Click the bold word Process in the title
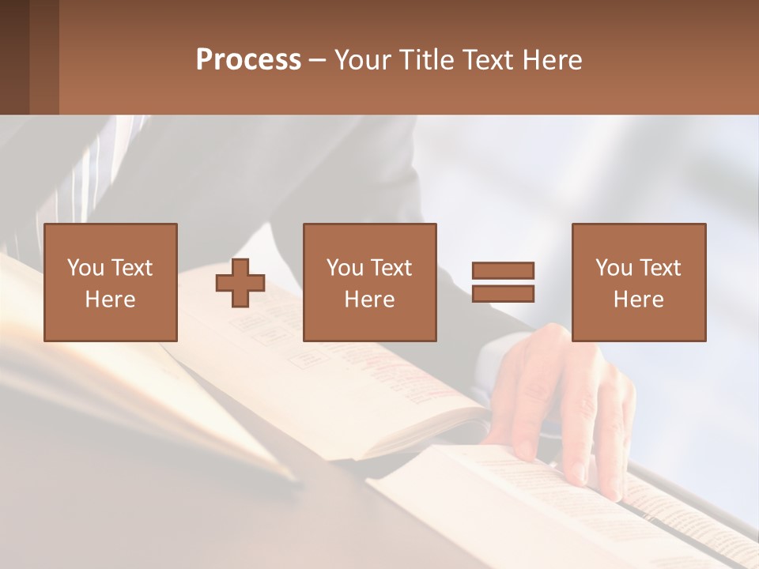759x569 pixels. click(x=248, y=60)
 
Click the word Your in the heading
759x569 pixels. click(x=364, y=60)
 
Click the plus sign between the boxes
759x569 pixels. click(x=240, y=282)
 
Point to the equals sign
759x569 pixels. click(x=503, y=282)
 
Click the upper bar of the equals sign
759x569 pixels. click(x=503, y=270)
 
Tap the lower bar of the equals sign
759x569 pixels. click(x=503, y=294)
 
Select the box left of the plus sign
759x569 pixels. click(x=110, y=282)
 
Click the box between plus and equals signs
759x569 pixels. click(x=369, y=282)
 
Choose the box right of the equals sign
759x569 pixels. click(x=638, y=282)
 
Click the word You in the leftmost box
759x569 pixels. click(x=85, y=267)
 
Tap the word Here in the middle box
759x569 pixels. click(x=369, y=300)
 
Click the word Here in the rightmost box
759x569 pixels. click(x=638, y=300)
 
